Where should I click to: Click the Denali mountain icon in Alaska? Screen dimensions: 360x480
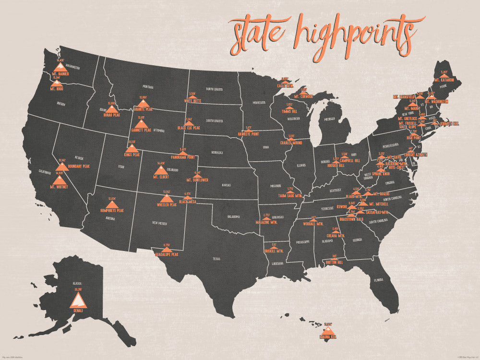pyautogui.click(x=78, y=300)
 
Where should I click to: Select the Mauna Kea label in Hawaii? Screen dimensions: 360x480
pyautogui.click(x=328, y=337)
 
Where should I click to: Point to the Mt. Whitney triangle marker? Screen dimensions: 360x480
pyautogui.click(x=60, y=179)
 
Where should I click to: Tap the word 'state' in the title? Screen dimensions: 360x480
pyautogui.click(x=259, y=33)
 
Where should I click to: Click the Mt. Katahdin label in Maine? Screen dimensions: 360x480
pyautogui.click(x=444, y=80)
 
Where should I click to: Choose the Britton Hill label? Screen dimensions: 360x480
pyautogui.click(x=334, y=263)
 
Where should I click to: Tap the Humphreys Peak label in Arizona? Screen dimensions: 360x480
pyautogui.click(x=112, y=210)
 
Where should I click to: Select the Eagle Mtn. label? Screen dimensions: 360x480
pyautogui.click(x=285, y=85)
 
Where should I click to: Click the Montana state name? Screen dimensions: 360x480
pyautogui.click(x=148, y=87)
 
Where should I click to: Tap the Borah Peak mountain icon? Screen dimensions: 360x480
pyautogui.click(x=111, y=109)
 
